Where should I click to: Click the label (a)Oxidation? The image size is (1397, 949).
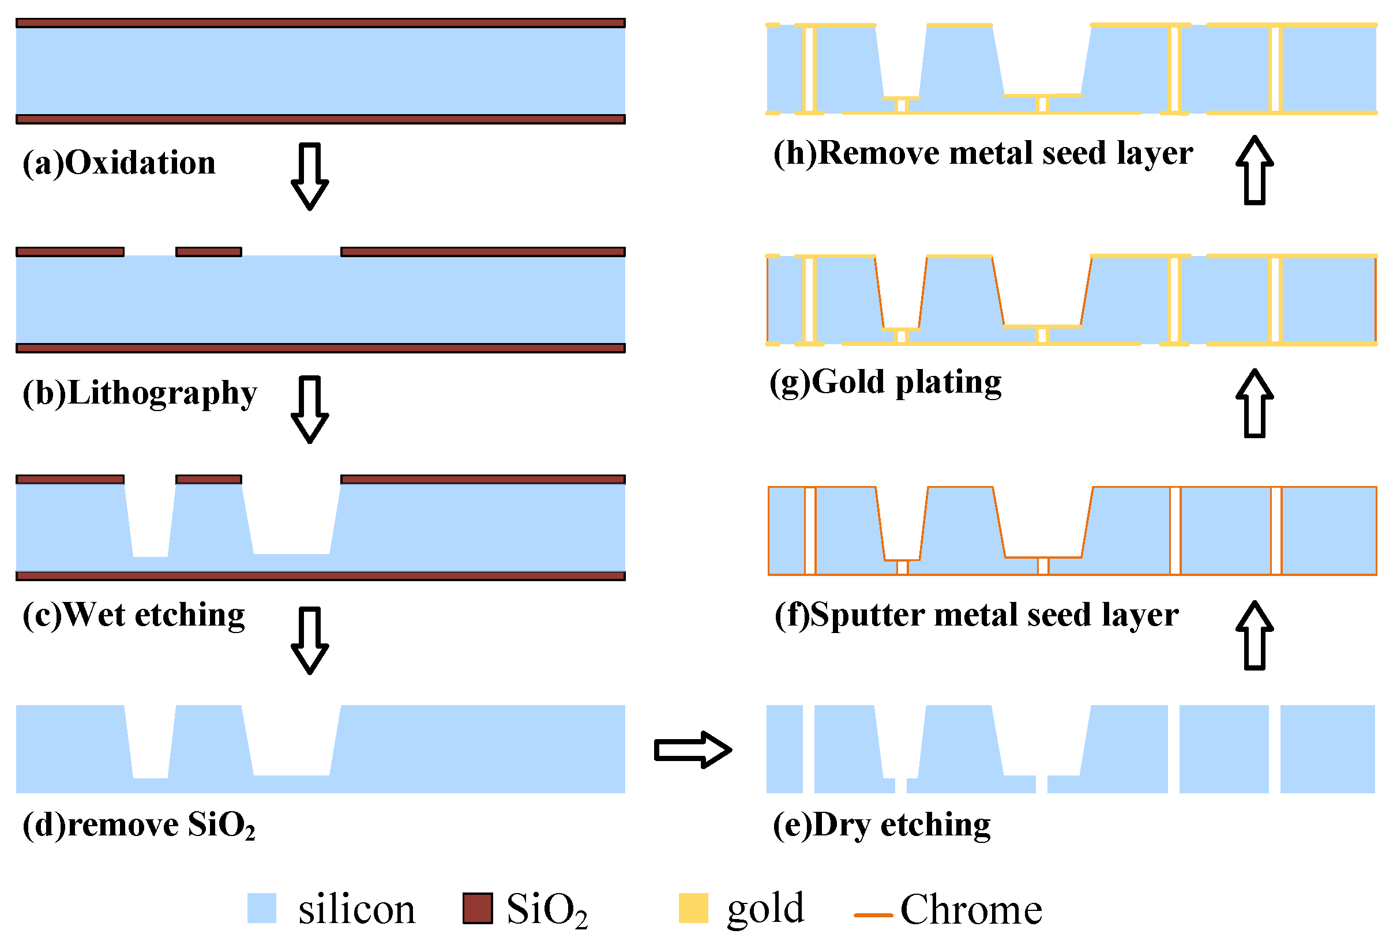click(118, 164)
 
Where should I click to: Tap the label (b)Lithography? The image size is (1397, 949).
click(140, 394)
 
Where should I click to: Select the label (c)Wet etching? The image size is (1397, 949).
click(133, 615)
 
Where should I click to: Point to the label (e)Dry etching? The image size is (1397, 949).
click(881, 825)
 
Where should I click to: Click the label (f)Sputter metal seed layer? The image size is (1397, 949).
click(976, 615)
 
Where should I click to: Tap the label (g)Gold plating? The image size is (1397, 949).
click(885, 382)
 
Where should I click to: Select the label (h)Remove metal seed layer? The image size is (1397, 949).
click(983, 153)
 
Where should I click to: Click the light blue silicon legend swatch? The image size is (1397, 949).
click(261, 908)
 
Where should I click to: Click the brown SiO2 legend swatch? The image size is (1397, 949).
click(477, 908)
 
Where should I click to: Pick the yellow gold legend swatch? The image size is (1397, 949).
click(693, 908)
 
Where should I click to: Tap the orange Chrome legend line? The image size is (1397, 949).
click(873, 916)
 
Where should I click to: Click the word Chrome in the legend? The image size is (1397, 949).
click(971, 910)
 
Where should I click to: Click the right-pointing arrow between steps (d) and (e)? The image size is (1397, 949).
click(693, 750)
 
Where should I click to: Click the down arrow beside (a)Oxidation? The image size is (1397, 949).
click(310, 176)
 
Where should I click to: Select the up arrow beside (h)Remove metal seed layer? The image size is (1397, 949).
click(1255, 170)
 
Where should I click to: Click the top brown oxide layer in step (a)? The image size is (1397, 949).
click(320, 23)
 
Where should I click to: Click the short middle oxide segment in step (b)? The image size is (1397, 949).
click(209, 252)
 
